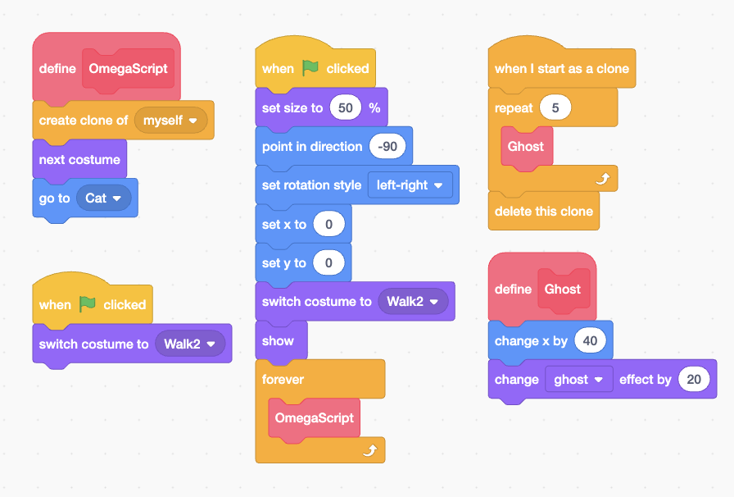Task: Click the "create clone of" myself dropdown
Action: pos(170,121)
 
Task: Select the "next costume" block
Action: pos(79,160)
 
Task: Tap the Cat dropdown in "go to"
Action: pos(103,198)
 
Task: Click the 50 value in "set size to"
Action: pos(345,108)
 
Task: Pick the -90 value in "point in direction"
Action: pos(387,147)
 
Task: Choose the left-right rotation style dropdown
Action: pos(410,185)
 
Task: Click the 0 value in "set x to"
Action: pos(328,225)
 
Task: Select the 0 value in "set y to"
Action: pos(328,263)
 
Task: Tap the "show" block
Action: pos(278,341)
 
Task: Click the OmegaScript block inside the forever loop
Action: pos(314,418)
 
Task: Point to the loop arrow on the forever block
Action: pos(370,449)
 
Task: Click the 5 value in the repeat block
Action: pos(555,108)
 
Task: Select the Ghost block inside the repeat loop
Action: pos(526,147)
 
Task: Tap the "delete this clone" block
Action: pos(543,212)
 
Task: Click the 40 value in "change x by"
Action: pos(590,340)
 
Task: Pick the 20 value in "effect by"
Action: pos(694,380)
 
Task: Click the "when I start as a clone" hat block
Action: pos(561,69)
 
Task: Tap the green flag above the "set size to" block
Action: pos(310,68)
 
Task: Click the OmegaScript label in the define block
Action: pos(128,69)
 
